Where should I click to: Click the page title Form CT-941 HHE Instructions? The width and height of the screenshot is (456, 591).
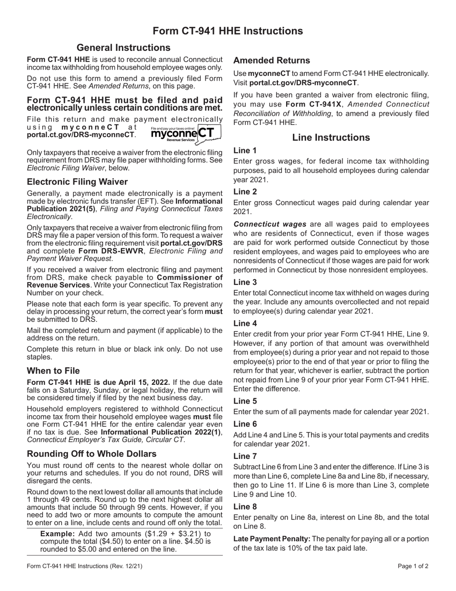click(x=228, y=31)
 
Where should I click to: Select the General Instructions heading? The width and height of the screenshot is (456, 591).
click(x=123, y=48)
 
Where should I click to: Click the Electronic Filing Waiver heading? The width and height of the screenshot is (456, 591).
click(x=77, y=182)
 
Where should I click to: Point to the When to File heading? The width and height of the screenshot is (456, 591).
click(x=53, y=371)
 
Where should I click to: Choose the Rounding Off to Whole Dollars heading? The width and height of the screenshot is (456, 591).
click(x=92, y=454)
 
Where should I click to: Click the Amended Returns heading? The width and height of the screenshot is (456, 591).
click(x=271, y=61)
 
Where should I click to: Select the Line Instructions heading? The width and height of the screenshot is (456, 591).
click(x=331, y=138)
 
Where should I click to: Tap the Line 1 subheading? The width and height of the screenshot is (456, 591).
click(x=245, y=150)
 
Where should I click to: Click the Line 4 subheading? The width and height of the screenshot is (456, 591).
click(x=245, y=323)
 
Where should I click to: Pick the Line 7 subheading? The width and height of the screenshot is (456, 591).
click(x=245, y=456)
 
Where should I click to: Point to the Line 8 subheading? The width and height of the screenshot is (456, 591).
click(x=245, y=506)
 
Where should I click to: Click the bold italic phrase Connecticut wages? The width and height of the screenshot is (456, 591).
click(x=270, y=224)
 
